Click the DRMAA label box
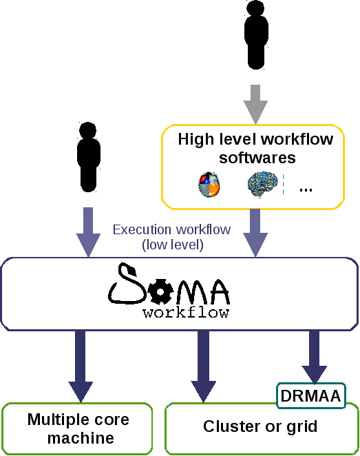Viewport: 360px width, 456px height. point(311,396)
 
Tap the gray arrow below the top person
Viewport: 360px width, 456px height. point(255,105)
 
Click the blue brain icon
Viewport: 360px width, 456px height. point(262,185)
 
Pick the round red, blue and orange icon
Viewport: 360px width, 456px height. point(209,185)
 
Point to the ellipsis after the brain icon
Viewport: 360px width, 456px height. point(306,190)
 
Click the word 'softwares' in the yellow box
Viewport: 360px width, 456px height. point(257,158)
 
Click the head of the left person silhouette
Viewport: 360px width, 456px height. point(87,130)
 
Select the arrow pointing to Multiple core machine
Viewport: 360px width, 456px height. point(81,366)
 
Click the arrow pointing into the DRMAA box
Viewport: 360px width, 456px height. point(315,357)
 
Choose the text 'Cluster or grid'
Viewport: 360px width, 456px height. point(260,426)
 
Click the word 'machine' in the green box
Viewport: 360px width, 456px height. point(81,438)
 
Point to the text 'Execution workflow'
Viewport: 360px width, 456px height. point(171,229)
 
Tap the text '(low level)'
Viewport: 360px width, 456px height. point(173,245)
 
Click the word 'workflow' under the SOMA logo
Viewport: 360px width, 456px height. point(186,312)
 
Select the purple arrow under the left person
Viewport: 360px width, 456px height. point(88,232)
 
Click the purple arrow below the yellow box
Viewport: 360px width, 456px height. point(255,233)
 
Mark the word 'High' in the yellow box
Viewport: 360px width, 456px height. point(196,139)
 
